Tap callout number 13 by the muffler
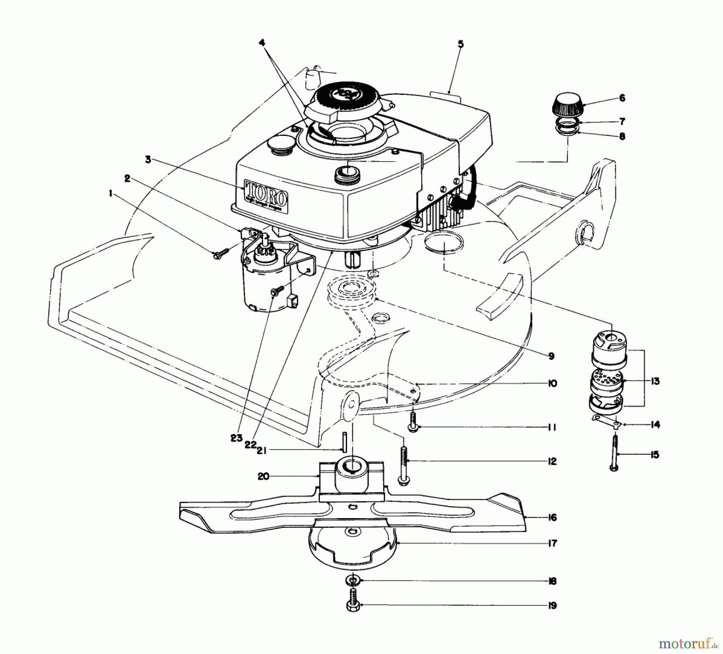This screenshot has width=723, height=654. (655, 381)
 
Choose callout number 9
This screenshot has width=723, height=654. (551, 356)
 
